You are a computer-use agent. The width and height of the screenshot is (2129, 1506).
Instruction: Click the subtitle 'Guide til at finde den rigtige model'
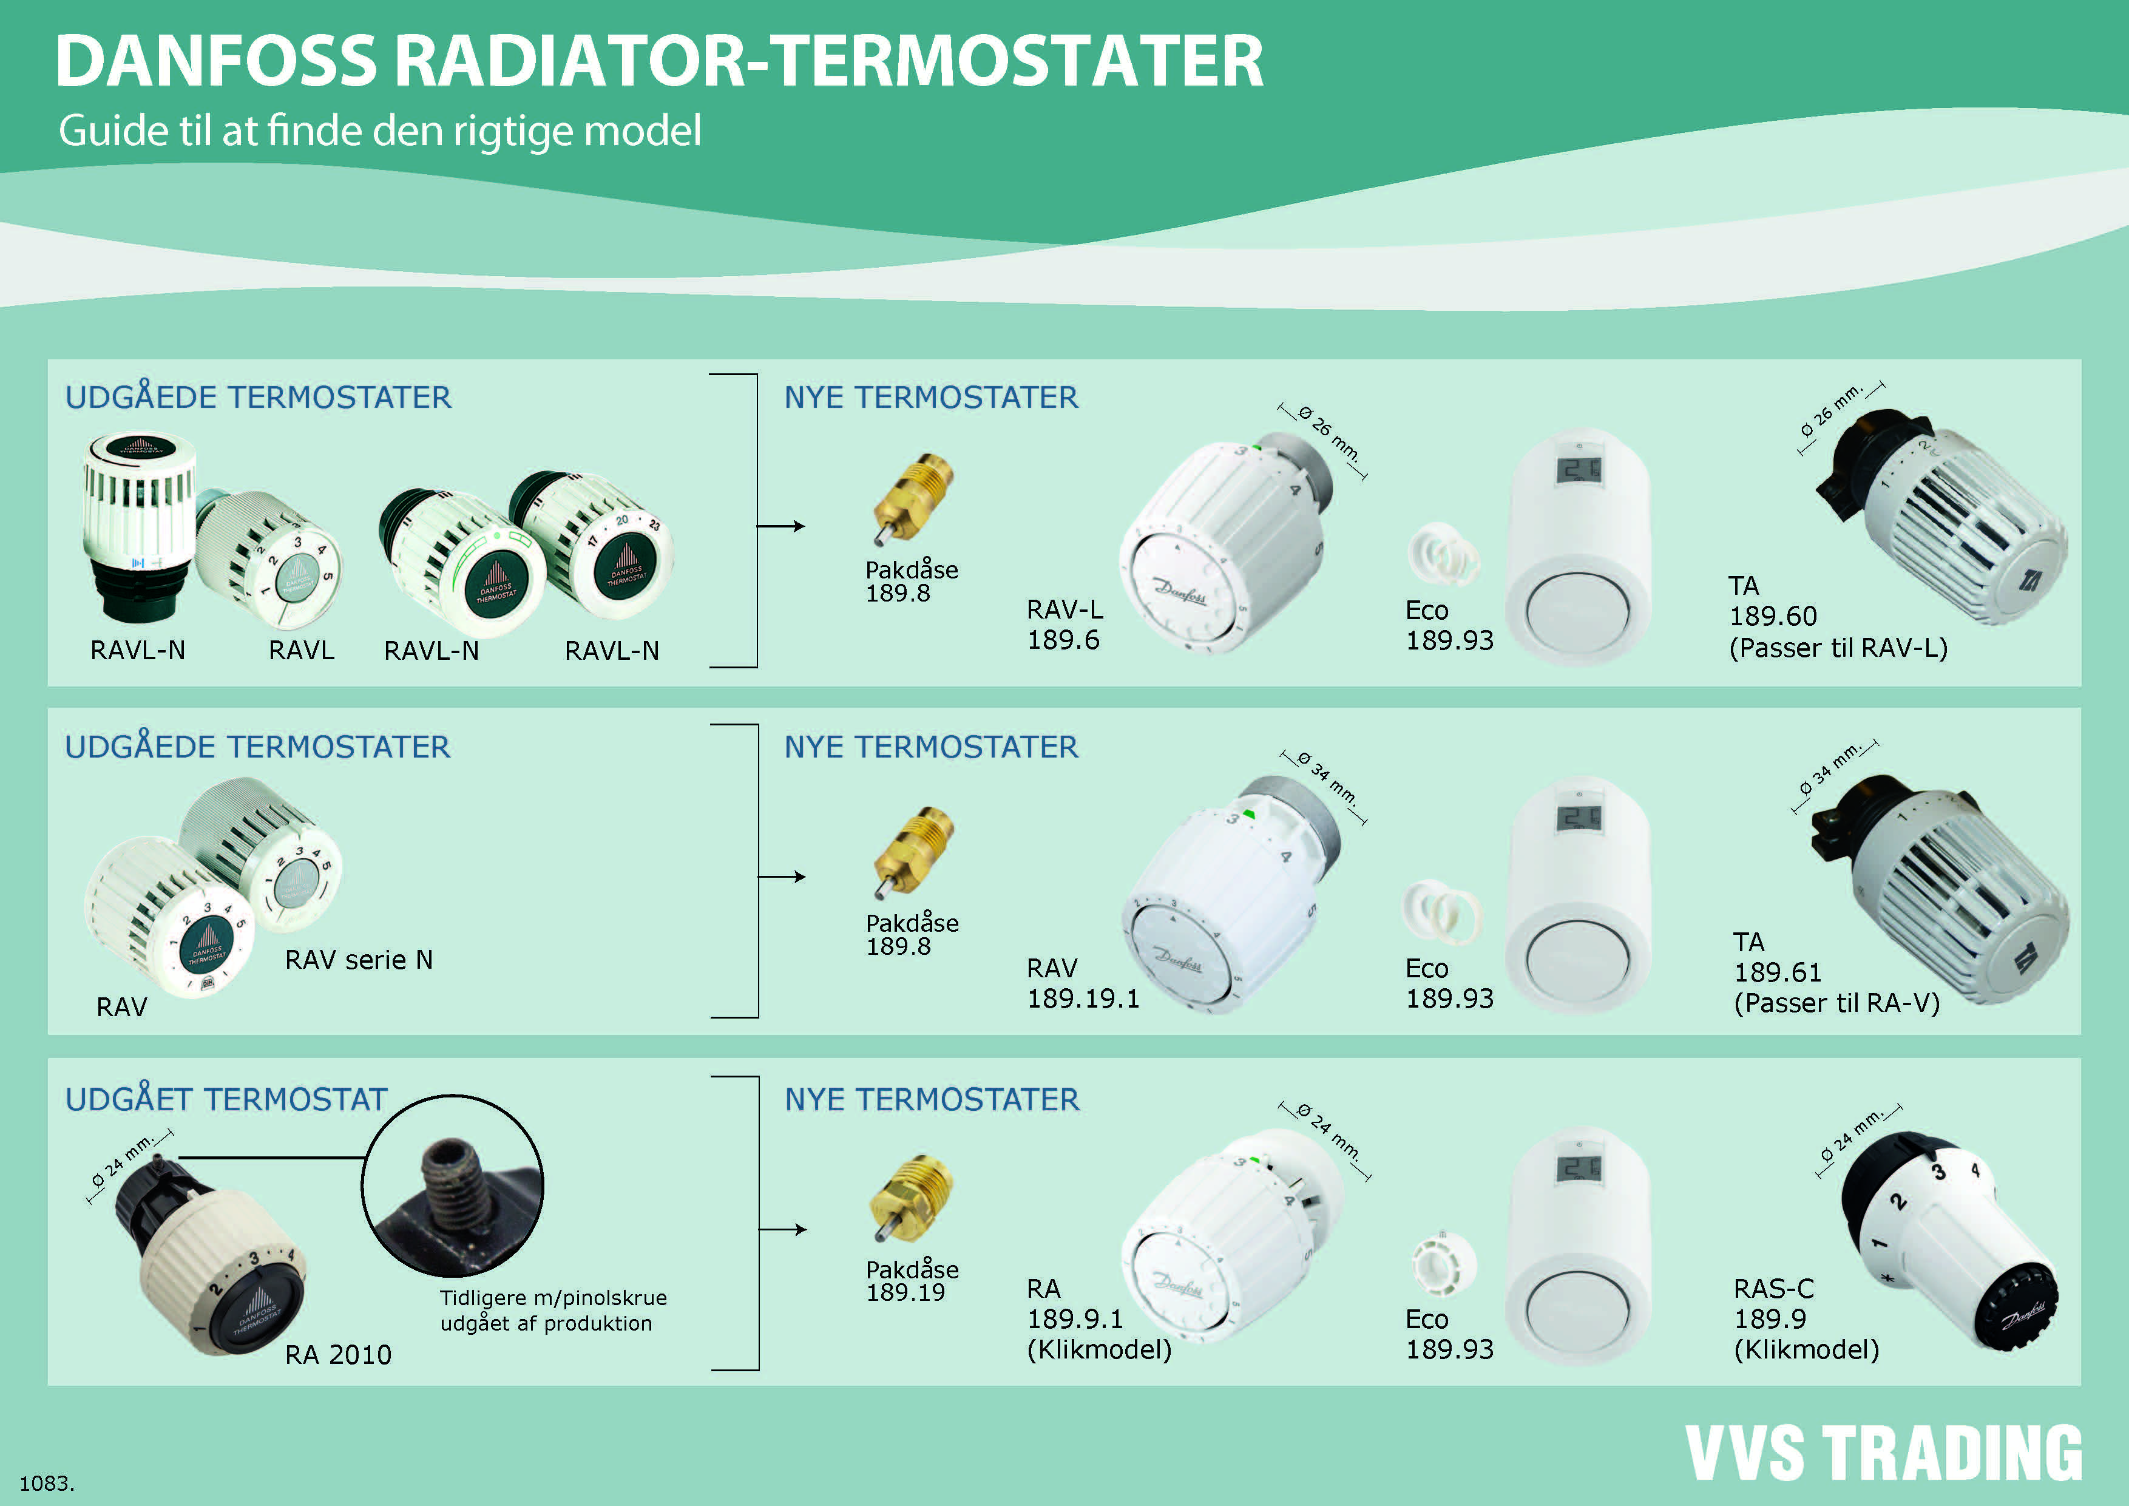coord(379,131)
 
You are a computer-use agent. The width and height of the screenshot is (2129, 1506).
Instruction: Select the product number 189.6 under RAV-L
coord(1063,640)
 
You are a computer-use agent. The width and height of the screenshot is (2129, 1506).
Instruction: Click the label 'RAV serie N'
coord(359,960)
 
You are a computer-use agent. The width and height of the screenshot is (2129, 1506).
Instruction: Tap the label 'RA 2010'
coord(339,1355)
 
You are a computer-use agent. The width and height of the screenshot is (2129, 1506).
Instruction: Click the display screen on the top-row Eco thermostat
coord(1577,470)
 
